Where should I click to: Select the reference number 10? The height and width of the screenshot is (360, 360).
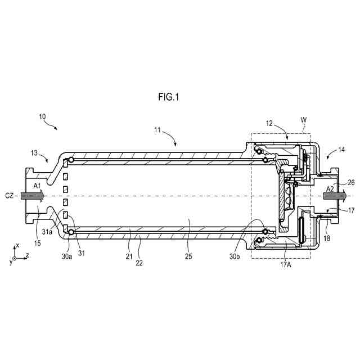(x=43, y=116)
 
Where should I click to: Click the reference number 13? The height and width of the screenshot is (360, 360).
(x=34, y=152)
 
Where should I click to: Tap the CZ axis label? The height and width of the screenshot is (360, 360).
(x=10, y=195)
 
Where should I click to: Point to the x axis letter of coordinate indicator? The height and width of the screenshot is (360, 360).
(x=17, y=245)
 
